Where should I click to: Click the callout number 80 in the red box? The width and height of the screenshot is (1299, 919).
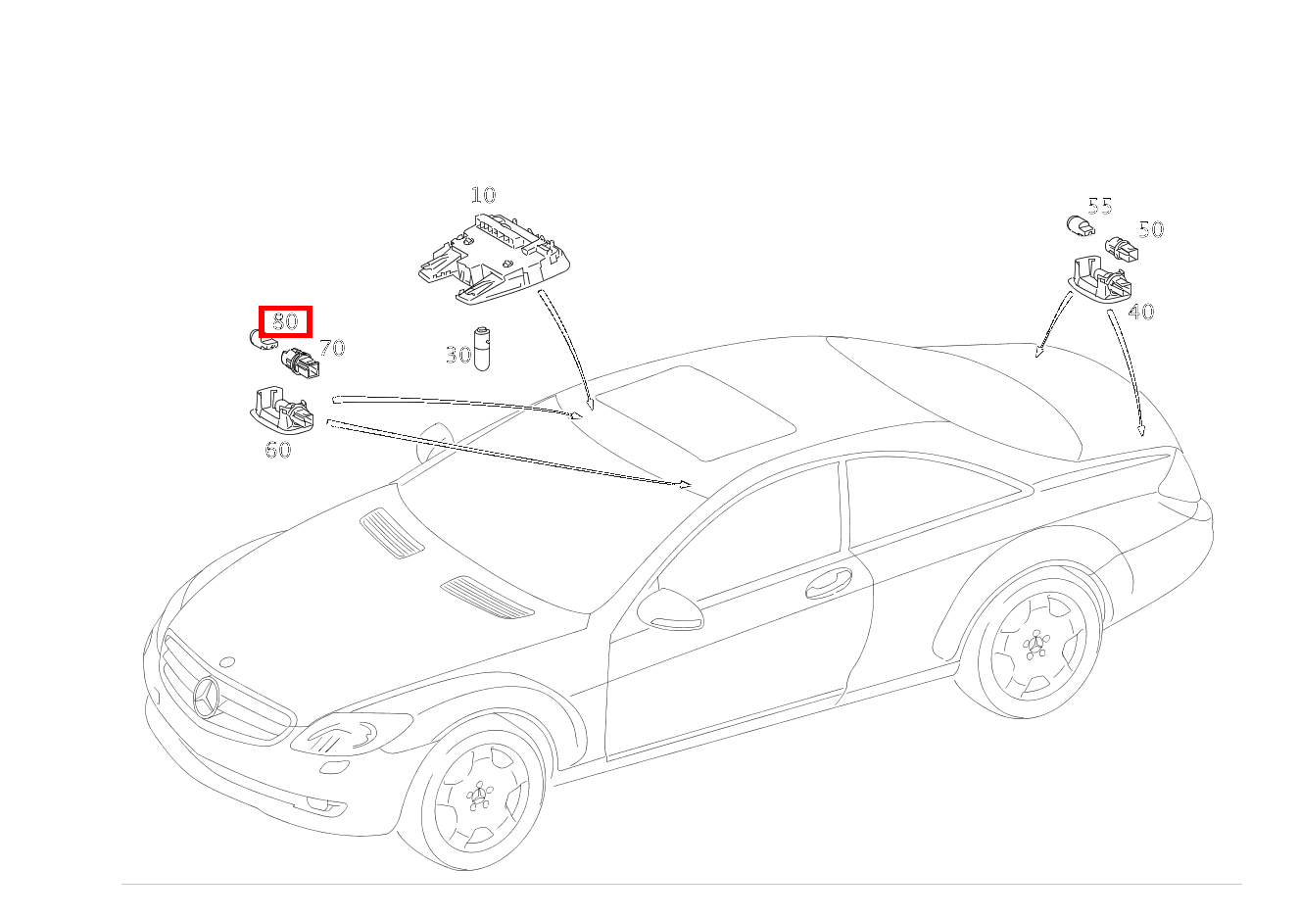point(285,321)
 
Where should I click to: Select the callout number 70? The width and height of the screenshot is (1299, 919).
point(332,348)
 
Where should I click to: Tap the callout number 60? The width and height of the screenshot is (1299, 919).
point(278,450)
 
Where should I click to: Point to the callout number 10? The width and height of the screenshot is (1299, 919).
point(483,195)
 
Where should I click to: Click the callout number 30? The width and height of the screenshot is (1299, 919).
point(458,355)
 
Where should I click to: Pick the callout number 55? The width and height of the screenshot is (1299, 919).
point(1099,206)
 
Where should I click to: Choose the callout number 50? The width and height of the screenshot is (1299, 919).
point(1151,229)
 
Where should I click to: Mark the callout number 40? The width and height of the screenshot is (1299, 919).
point(1140,312)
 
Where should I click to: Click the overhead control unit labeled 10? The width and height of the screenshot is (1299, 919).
point(494,259)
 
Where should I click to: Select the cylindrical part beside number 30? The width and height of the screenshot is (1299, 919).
point(482,349)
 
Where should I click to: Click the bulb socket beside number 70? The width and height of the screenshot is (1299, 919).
point(301,363)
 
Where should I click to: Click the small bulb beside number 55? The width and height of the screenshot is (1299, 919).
point(1081,225)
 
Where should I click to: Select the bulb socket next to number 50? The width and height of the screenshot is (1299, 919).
point(1122,249)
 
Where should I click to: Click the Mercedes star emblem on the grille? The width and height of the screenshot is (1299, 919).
point(206,697)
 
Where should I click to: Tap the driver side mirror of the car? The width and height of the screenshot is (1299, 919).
point(670,609)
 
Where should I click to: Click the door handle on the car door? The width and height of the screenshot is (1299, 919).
point(829,583)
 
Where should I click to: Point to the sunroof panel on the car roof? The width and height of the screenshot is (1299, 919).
point(696,412)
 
